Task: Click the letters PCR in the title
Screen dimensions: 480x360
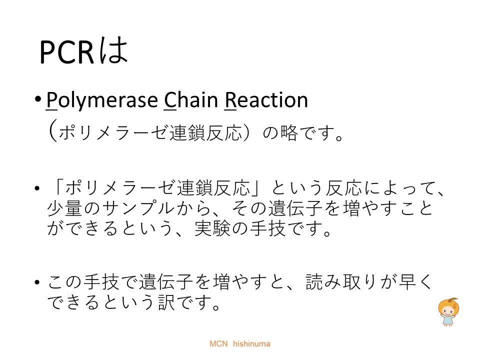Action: pyautogui.click(x=66, y=52)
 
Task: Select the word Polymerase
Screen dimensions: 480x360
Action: pyautogui.click(x=102, y=100)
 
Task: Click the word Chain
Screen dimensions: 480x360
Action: pyautogui.click(x=191, y=100)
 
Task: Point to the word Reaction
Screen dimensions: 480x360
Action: pyautogui.click(x=266, y=100)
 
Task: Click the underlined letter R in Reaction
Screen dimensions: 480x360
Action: pyautogui.click(x=230, y=100)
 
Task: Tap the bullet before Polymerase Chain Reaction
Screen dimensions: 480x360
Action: pyautogui.click(x=37, y=99)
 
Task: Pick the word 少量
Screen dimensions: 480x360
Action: pyautogui.click(x=64, y=208)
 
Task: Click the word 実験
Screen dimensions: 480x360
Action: pyautogui.click(x=212, y=228)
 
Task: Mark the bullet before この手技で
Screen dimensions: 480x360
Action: pyautogui.click(x=37, y=282)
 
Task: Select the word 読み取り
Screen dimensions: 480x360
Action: pyautogui.click(x=341, y=281)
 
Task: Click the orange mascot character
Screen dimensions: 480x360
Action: pyautogui.click(x=448, y=311)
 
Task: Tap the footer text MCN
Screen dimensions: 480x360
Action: pyautogui.click(x=218, y=344)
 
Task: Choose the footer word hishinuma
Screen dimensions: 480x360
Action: pyautogui.click(x=251, y=344)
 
